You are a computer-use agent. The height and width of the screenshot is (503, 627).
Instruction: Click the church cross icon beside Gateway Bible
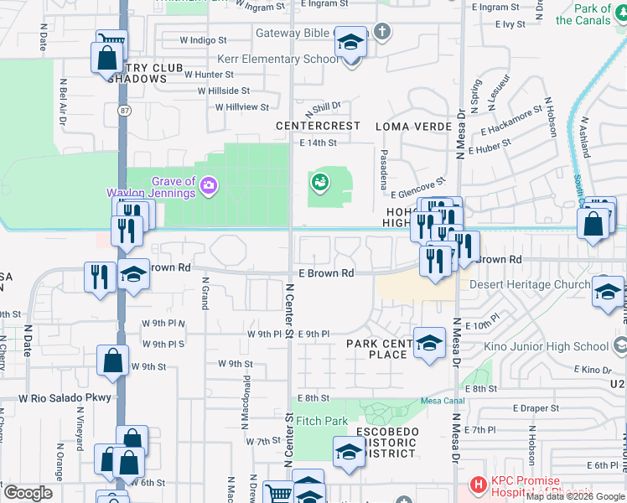click(382, 33)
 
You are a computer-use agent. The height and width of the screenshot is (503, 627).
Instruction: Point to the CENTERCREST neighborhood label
click(319, 126)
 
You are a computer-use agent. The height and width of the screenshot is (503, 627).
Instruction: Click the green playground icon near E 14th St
click(319, 181)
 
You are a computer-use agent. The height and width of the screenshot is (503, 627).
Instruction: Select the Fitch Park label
click(322, 421)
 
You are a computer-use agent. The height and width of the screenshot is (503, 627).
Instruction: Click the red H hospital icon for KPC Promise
click(478, 484)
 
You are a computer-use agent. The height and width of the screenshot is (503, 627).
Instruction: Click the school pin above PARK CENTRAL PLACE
click(429, 343)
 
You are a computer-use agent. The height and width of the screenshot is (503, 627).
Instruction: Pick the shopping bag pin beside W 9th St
click(112, 361)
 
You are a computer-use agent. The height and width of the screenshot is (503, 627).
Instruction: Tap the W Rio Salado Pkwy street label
click(65, 397)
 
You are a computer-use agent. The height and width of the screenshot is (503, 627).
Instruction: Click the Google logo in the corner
click(28, 493)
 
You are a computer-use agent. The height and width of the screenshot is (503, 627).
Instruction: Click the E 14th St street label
click(318, 143)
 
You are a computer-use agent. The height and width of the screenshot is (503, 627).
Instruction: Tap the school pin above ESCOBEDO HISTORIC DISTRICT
click(350, 453)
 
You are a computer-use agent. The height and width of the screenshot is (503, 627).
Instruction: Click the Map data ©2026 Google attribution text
click(576, 497)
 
